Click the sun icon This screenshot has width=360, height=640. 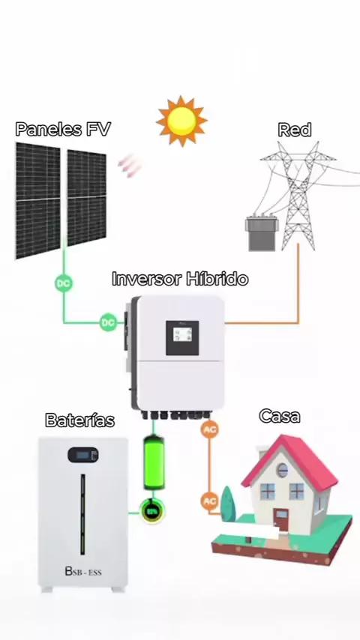pos(181,121)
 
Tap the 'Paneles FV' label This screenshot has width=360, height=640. pos(63,130)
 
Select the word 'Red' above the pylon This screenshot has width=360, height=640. pos(294,130)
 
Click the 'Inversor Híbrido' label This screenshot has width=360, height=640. pos(180,280)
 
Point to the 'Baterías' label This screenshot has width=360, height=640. pos(79,420)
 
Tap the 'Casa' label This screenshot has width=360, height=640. pos(280,416)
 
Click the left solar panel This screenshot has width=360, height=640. pos(37,200)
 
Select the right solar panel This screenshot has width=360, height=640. pos(87,198)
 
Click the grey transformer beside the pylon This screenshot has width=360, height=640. pos(262,234)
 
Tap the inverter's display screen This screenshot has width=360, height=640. pos(182,337)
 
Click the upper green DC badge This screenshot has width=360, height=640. pos(63,283)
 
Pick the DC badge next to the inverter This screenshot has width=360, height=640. pos(108,322)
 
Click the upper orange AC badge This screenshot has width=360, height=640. pos(209,429)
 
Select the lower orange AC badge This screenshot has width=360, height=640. pos(209,501)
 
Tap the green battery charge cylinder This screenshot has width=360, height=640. pos(154,463)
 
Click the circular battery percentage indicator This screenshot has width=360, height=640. pos(152,511)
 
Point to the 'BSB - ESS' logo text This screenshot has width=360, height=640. pos(83,571)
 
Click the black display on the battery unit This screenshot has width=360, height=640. pos(83,455)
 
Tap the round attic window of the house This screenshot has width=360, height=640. pos(282,470)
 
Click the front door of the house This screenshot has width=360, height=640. pos(280,520)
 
